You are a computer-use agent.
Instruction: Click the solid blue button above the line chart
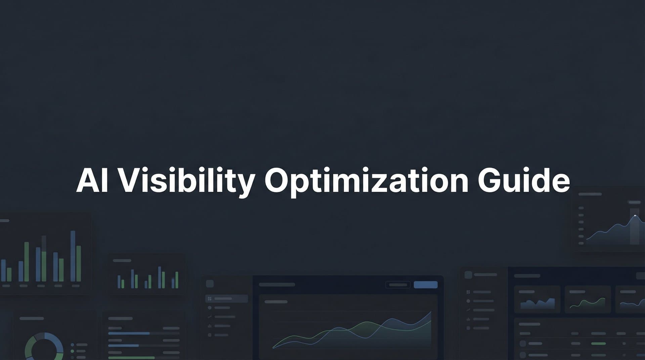(x=426, y=285)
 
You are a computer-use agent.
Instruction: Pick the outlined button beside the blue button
(x=398, y=285)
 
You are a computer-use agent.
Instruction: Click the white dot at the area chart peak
(x=635, y=216)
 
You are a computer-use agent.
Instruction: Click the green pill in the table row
(x=598, y=344)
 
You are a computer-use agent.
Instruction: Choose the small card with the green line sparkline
(x=588, y=300)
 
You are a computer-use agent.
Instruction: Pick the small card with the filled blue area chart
(x=537, y=300)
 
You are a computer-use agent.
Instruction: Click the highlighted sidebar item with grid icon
(x=226, y=299)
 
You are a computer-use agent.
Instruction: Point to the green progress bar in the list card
(x=131, y=358)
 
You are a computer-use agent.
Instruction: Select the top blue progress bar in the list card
(x=129, y=333)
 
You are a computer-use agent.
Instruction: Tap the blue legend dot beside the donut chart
(x=72, y=345)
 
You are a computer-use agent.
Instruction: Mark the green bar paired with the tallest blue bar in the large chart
(x=79, y=264)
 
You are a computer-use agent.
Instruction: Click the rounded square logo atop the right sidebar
(x=468, y=275)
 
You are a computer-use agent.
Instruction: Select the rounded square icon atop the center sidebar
(x=210, y=284)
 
